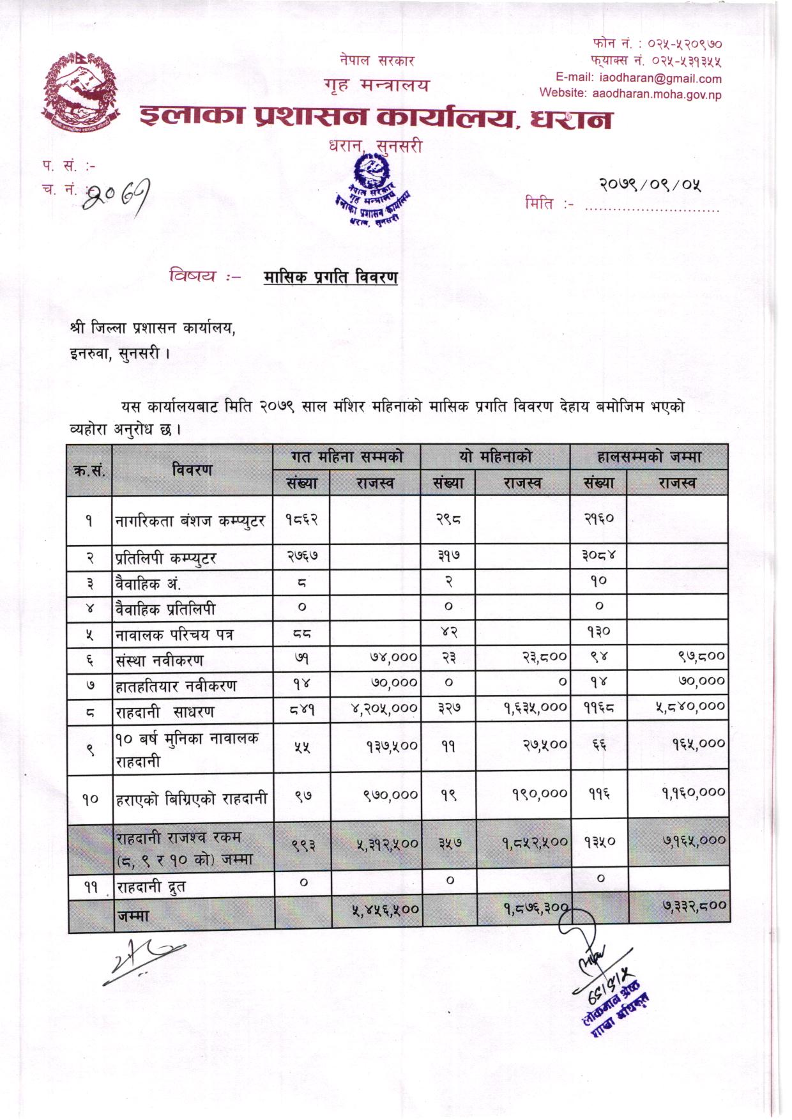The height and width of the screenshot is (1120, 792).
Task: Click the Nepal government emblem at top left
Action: click(82, 93)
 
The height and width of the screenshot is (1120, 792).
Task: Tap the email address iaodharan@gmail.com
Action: click(660, 79)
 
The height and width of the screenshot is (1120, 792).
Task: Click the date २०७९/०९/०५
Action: click(650, 185)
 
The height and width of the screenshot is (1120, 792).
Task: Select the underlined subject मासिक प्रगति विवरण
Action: click(330, 277)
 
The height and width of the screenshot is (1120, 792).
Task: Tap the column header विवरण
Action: click(192, 470)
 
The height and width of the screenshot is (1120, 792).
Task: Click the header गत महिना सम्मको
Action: click(347, 457)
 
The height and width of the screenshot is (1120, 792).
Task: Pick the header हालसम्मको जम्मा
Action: click(648, 457)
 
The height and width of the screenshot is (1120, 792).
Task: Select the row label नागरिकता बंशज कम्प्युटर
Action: click(190, 521)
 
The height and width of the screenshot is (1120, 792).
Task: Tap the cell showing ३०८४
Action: click(598, 556)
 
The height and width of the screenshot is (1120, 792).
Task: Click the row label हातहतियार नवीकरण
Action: click(176, 686)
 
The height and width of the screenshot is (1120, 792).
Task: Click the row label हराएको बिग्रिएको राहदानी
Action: click(191, 799)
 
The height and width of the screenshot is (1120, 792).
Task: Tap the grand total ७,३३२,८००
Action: click(694, 905)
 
